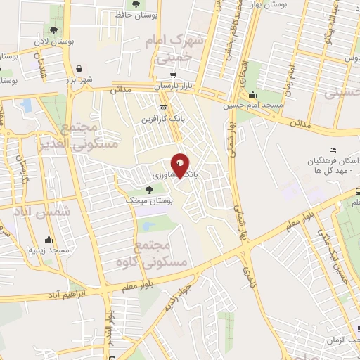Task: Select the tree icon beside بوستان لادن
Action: (x=54, y=30)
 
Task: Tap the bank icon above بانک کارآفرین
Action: (x=164, y=108)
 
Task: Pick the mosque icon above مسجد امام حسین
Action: (x=253, y=96)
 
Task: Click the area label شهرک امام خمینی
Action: (x=174, y=51)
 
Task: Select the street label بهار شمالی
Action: (x=243, y=204)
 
